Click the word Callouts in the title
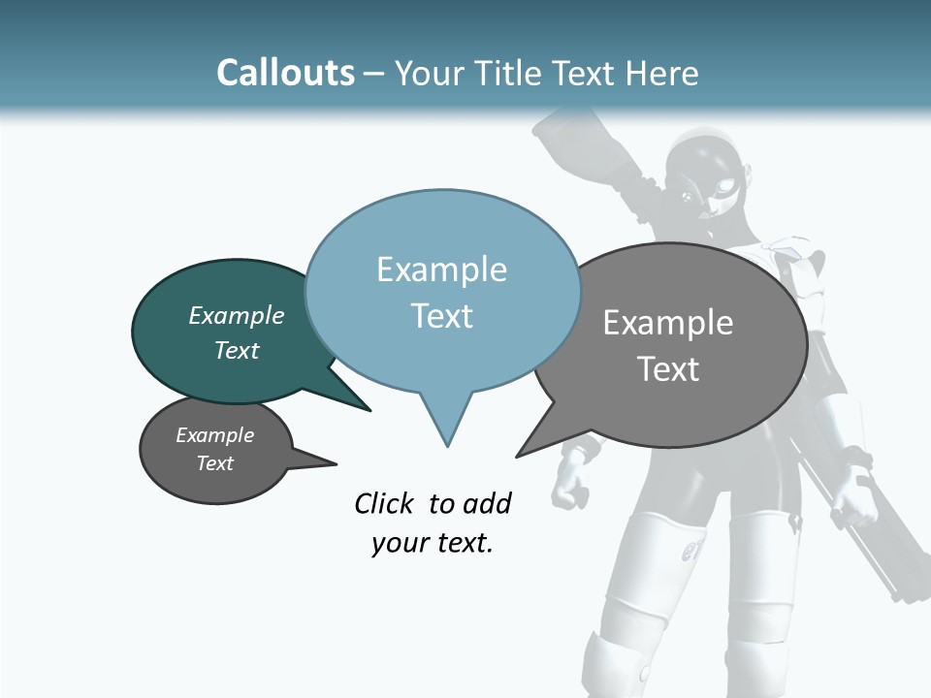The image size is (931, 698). (286, 74)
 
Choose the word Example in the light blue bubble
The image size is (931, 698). (442, 270)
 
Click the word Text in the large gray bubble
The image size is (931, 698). (668, 369)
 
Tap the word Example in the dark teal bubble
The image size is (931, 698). (237, 316)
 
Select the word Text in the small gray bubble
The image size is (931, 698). (215, 463)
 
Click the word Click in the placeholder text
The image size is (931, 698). (385, 504)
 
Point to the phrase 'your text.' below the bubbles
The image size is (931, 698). (433, 543)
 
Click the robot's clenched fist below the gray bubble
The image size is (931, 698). (572, 475)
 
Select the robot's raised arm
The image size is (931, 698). (582, 145)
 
